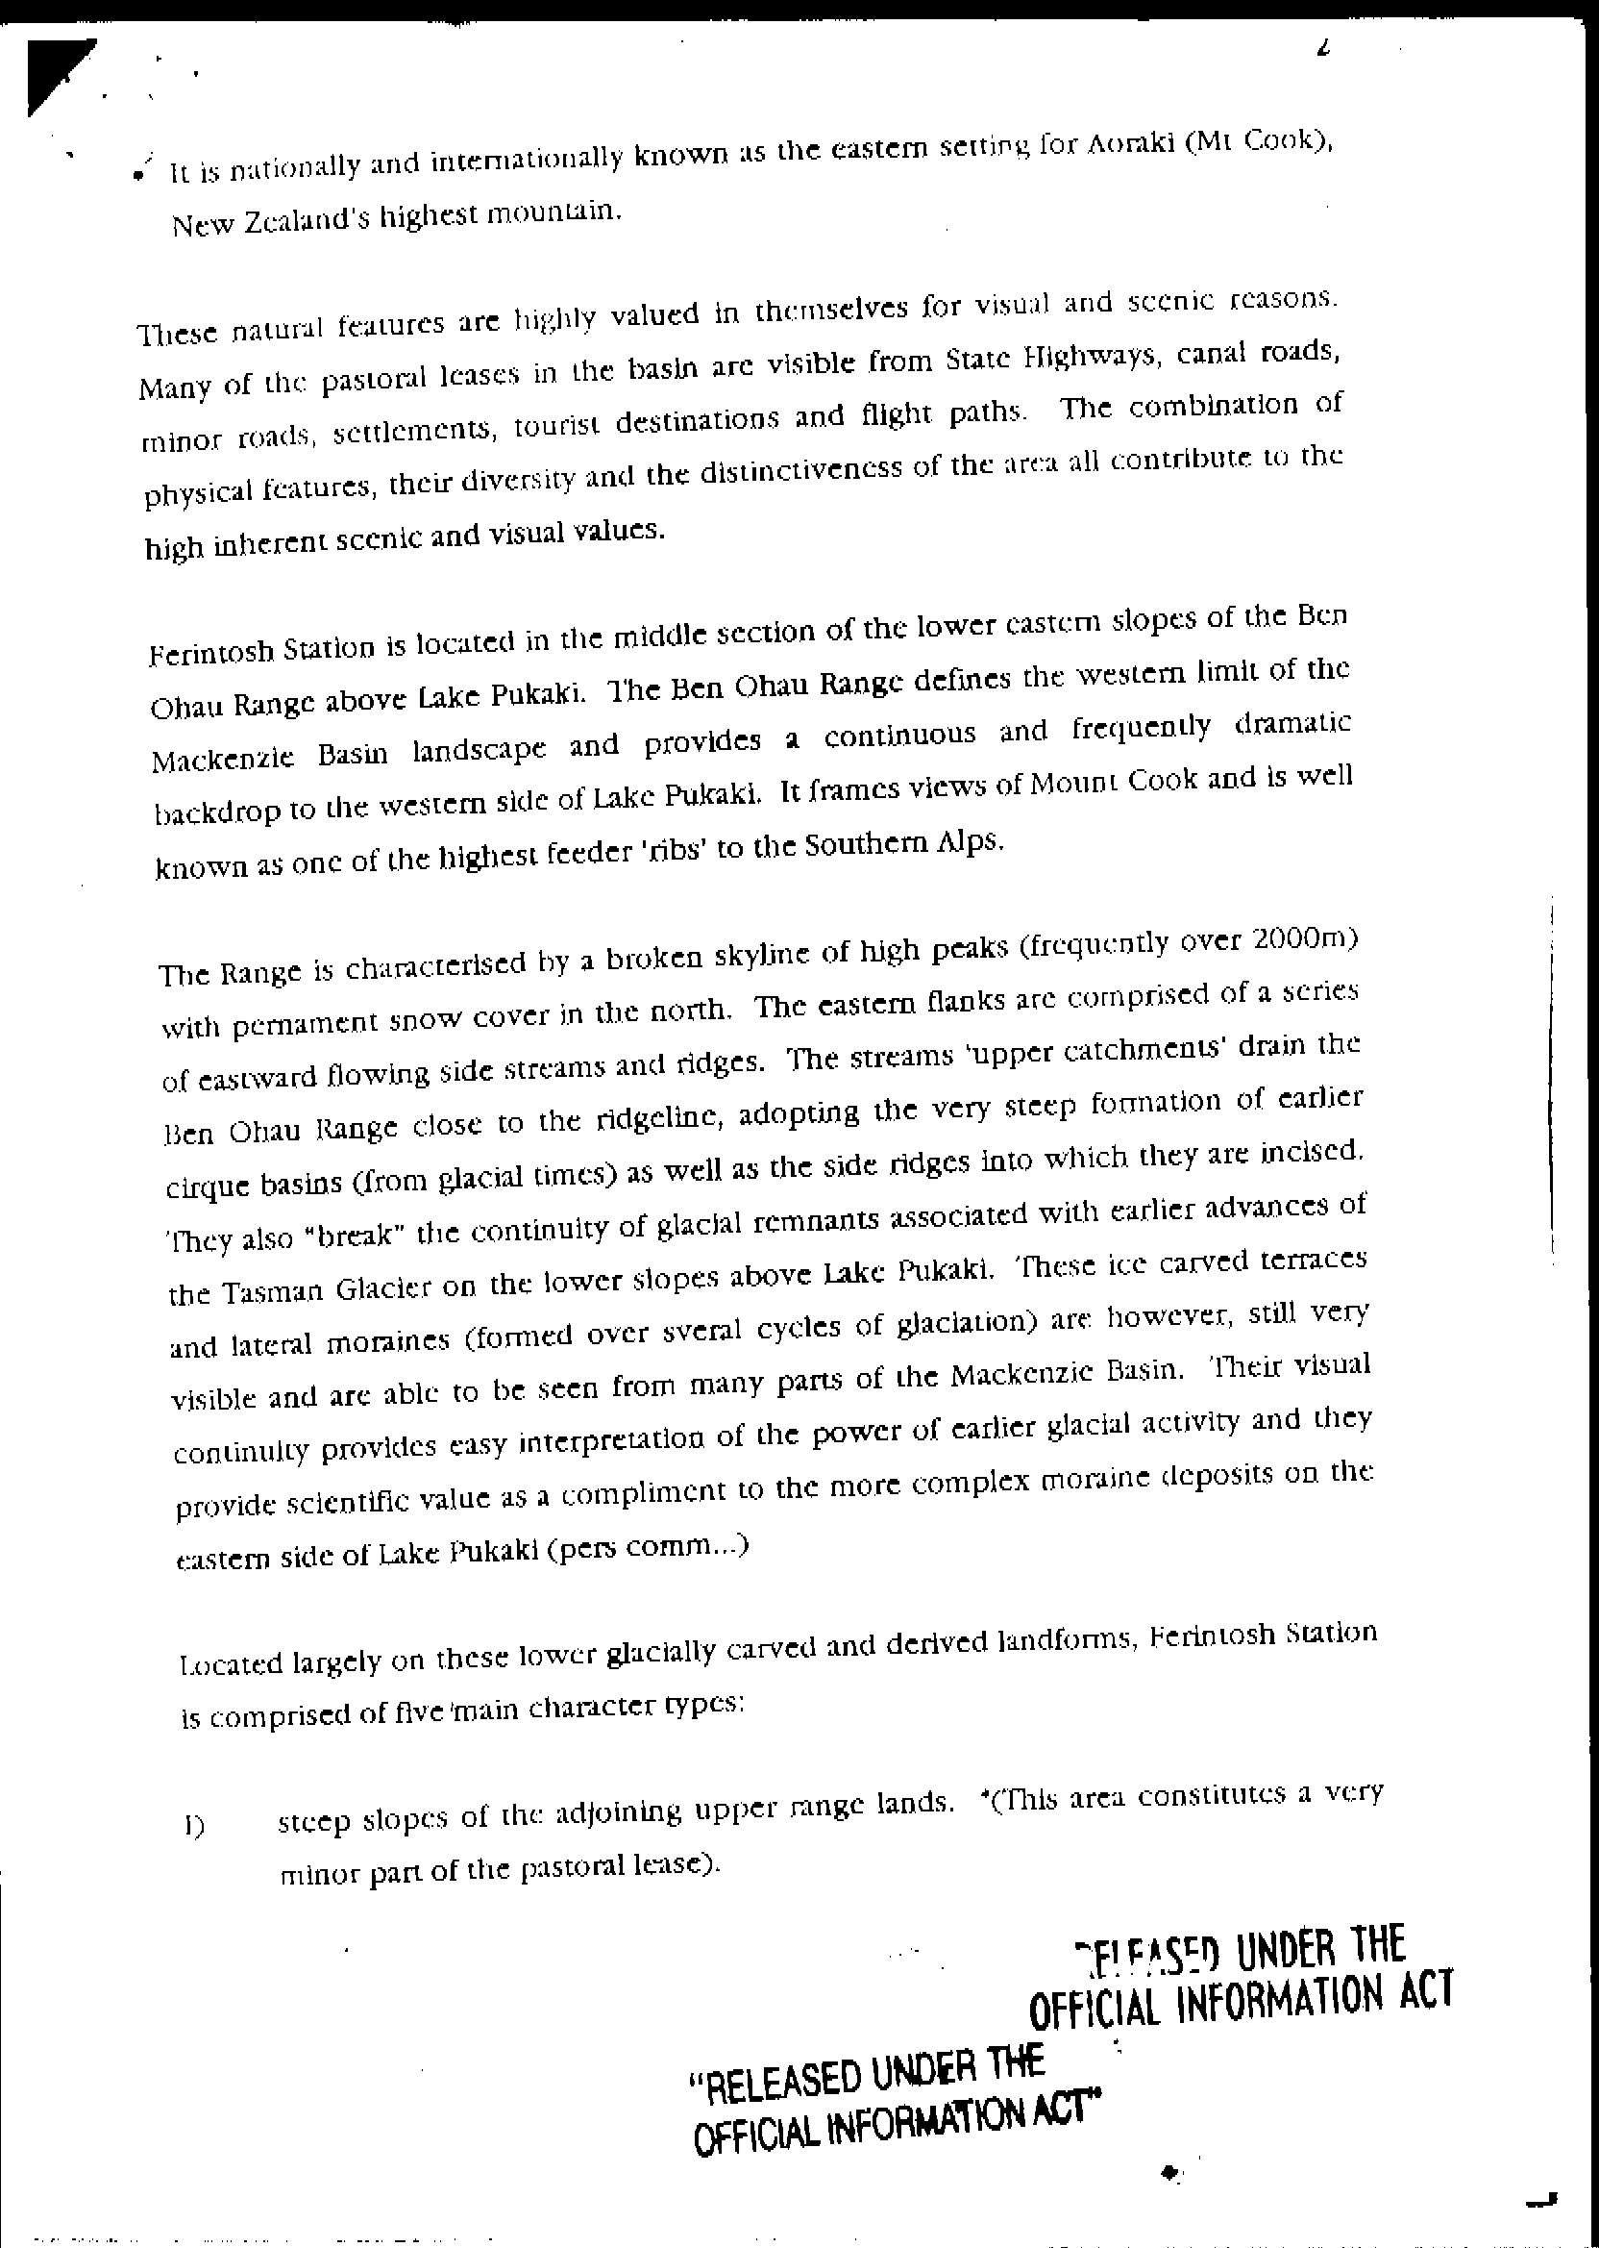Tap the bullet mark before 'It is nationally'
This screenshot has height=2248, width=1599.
(142, 174)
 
